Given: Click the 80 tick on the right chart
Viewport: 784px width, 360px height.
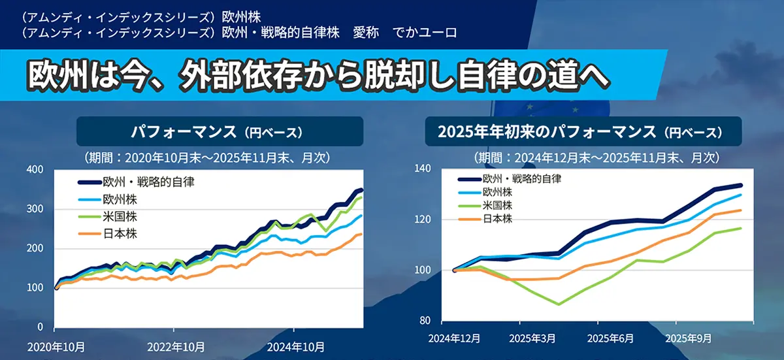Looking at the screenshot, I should pyautogui.click(x=426, y=321).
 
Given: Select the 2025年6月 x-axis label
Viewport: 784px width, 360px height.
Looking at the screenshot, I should pyautogui.click(x=611, y=340).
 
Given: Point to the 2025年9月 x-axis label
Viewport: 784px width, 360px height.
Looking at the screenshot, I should pyautogui.click(x=689, y=340).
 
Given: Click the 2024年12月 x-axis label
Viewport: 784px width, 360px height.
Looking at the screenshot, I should pyautogui.click(x=454, y=340).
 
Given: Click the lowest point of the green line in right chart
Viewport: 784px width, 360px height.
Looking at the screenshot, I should pyautogui.click(x=559, y=304).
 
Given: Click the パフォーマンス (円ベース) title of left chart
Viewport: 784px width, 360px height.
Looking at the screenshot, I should pyautogui.click(x=220, y=131).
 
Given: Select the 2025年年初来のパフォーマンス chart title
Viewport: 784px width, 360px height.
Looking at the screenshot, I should pyautogui.click(x=583, y=131).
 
